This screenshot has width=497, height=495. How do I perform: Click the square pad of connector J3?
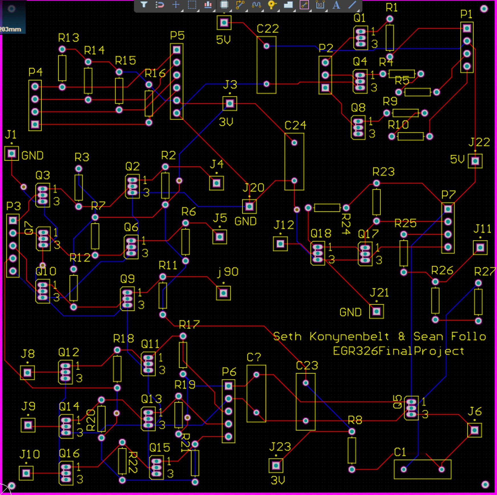coord(230,103)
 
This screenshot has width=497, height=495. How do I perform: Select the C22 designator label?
coord(267,29)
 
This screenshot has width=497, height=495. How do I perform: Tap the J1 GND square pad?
coord(12,154)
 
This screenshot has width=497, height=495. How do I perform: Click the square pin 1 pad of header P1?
coord(467,28)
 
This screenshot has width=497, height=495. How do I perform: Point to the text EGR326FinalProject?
coord(398,351)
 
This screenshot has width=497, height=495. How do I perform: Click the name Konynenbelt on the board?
coord(349,337)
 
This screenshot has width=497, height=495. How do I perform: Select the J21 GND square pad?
coord(376,311)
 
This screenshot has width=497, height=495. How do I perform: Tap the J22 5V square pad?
coord(475,161)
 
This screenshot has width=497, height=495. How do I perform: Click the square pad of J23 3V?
coord(276,466)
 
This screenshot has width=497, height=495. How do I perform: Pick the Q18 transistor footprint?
coord(318,253)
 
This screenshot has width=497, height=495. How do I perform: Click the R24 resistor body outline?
coord(327,208)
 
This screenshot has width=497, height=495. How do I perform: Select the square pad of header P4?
coord(35,124)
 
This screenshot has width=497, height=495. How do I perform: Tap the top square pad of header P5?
coord(177,50)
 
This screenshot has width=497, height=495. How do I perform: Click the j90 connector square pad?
coord(223,293)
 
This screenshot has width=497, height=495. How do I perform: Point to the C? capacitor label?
coord(254,357)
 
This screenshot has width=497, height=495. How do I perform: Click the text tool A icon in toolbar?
coord(336,5)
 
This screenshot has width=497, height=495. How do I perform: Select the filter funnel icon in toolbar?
coord(144,5)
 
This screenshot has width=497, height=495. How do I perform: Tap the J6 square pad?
coord(474,430)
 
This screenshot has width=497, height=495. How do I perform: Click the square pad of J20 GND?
coord(249,206)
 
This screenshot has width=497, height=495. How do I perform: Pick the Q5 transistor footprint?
coord(411,408)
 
